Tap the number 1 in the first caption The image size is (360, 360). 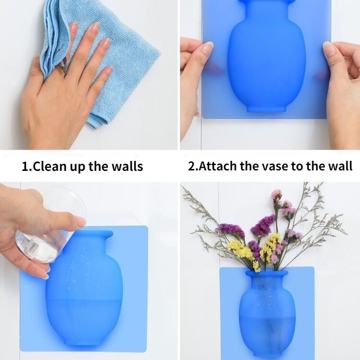(25, 166)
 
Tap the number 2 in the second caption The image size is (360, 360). (192, 166)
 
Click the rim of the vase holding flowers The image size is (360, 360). (266, 273)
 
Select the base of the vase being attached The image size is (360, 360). (266, 108)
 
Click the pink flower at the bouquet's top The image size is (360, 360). (276, 194)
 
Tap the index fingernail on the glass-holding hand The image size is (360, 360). (81, 221)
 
